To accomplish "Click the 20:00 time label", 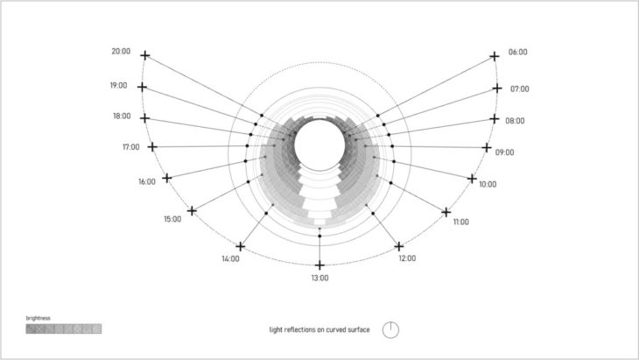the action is click(x=121, y=52).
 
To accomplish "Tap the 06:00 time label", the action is click(x=517, y=53).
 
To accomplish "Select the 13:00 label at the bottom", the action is click(x=319, y=278).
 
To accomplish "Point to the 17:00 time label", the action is click(x=131, y=147).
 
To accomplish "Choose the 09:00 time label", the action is click(x=504, y=152).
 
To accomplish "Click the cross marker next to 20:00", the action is click(x=145, y=55).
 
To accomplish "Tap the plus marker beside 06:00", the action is click(x=495, y=56).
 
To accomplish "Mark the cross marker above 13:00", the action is click(x=319, y=265).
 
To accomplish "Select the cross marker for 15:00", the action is click(x=192, y=211).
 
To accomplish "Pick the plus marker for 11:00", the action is click(x=446, y=212).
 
